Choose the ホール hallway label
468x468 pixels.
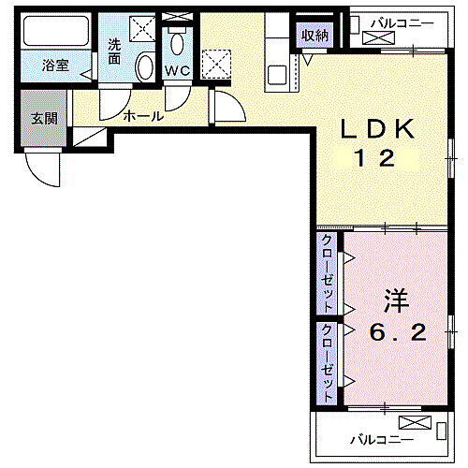[142, 117]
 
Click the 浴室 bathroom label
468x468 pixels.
[55, 66]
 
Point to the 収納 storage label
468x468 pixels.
[314, 36]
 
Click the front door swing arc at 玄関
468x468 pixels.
[41, 170]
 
